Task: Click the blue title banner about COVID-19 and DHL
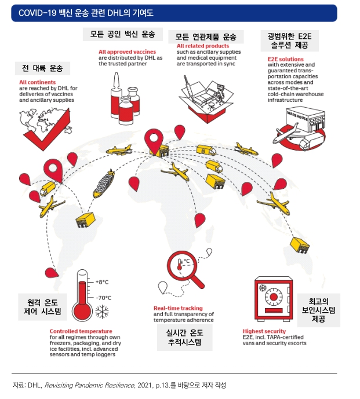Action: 174,13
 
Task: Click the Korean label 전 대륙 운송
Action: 42,68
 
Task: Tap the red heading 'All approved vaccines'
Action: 127,52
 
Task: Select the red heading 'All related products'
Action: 203,46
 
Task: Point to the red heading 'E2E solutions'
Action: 285,59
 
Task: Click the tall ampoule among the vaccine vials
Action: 116,94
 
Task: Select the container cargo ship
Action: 104,184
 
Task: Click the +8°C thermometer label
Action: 102,282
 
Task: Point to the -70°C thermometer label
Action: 103,298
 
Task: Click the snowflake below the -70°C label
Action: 102,312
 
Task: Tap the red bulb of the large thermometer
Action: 82,311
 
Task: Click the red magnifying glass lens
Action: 182,265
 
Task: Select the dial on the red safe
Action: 274,296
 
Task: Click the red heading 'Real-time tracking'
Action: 178,308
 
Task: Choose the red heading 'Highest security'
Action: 264,331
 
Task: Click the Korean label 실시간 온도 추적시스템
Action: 185,337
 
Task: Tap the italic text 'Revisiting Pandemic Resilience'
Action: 89,385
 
